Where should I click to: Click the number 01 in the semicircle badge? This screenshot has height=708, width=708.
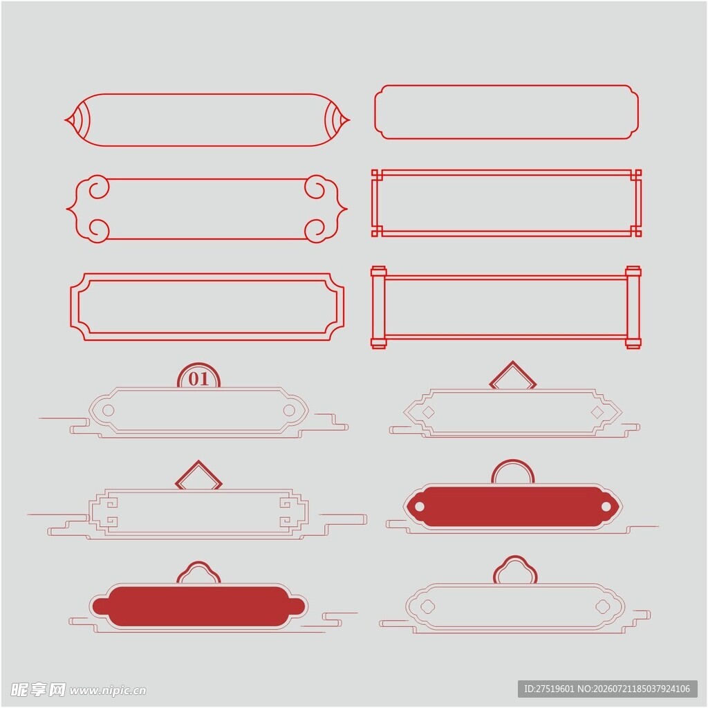pos(198,379)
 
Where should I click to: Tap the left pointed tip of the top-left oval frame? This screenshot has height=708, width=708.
pos(65,120)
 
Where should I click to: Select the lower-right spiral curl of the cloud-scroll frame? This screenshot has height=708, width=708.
pos(315,230)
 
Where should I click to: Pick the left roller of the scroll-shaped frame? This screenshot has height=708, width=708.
pos(378,307)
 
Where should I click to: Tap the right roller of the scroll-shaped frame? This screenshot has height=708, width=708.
pos(633,307)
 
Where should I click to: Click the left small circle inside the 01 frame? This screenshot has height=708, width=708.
pos(109,410)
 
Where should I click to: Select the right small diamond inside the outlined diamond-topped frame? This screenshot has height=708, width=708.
pos(597,412)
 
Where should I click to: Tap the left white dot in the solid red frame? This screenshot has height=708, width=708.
pos(419,507)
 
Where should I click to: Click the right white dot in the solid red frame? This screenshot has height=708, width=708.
pos(606,507)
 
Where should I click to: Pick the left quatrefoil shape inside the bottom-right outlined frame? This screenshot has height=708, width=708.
pos(427,606)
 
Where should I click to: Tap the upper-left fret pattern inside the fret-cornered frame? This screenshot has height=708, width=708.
pos(109,503)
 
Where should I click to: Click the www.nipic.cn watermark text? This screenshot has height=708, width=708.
pos(108,691)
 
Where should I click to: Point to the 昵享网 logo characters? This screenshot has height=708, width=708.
pos(38,689)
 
